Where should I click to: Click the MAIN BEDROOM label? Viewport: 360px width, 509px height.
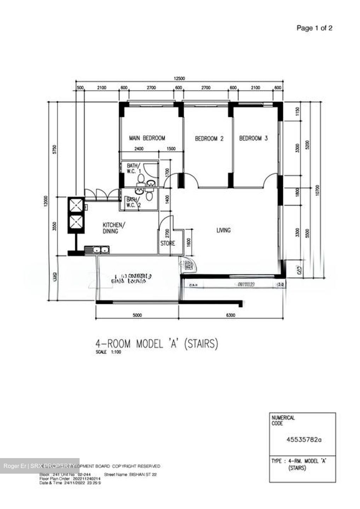pos(147,138)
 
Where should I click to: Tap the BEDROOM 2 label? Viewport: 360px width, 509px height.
pos(209,139)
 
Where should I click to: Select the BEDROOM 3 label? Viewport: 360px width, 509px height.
pos(253,138)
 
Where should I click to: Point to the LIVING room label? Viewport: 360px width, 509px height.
pos(223,230)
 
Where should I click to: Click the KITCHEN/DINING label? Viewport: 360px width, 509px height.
pos(112,228)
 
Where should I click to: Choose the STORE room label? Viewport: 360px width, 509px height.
pos(168,244)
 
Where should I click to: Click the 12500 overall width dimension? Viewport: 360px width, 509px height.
pos(179,79)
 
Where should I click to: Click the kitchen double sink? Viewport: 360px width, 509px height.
pos(100,250)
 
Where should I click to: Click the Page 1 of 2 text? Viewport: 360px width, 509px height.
pos(314,28)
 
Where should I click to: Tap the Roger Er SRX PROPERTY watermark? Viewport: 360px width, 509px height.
pos(40,466)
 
